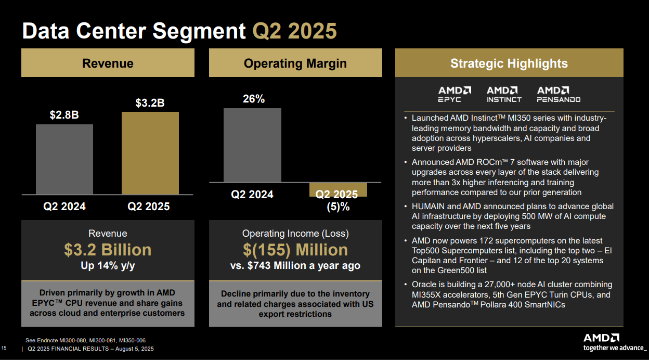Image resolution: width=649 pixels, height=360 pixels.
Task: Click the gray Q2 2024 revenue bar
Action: point(64,159)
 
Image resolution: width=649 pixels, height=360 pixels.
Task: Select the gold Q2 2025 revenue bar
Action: point(150,153)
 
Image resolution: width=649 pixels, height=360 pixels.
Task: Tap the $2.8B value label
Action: point(64,115)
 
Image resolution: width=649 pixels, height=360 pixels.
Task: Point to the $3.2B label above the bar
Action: point(150,103)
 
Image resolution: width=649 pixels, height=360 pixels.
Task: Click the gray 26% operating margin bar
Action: point(252,145)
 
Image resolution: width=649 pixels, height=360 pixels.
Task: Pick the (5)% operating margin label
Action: point(338,207)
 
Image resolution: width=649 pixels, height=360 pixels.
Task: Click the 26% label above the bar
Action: point(254,99)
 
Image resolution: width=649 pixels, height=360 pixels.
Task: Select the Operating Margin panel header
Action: point(295,63)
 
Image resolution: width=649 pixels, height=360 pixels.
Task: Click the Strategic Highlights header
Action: point(509,63)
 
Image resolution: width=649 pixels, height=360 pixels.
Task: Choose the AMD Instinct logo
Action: point(503,94)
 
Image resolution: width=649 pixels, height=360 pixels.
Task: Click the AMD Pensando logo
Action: point(559,94)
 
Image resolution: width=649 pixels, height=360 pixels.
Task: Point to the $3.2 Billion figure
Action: point(108,250)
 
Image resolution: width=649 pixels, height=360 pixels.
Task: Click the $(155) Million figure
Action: point(295,250)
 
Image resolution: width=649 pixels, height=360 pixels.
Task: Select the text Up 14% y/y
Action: point(108,266)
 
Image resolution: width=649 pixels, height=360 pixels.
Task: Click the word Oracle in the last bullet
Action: point(424,285)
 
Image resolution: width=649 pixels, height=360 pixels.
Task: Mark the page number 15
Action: point(4,348)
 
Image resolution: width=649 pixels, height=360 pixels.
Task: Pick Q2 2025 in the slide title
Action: point(295,31)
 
